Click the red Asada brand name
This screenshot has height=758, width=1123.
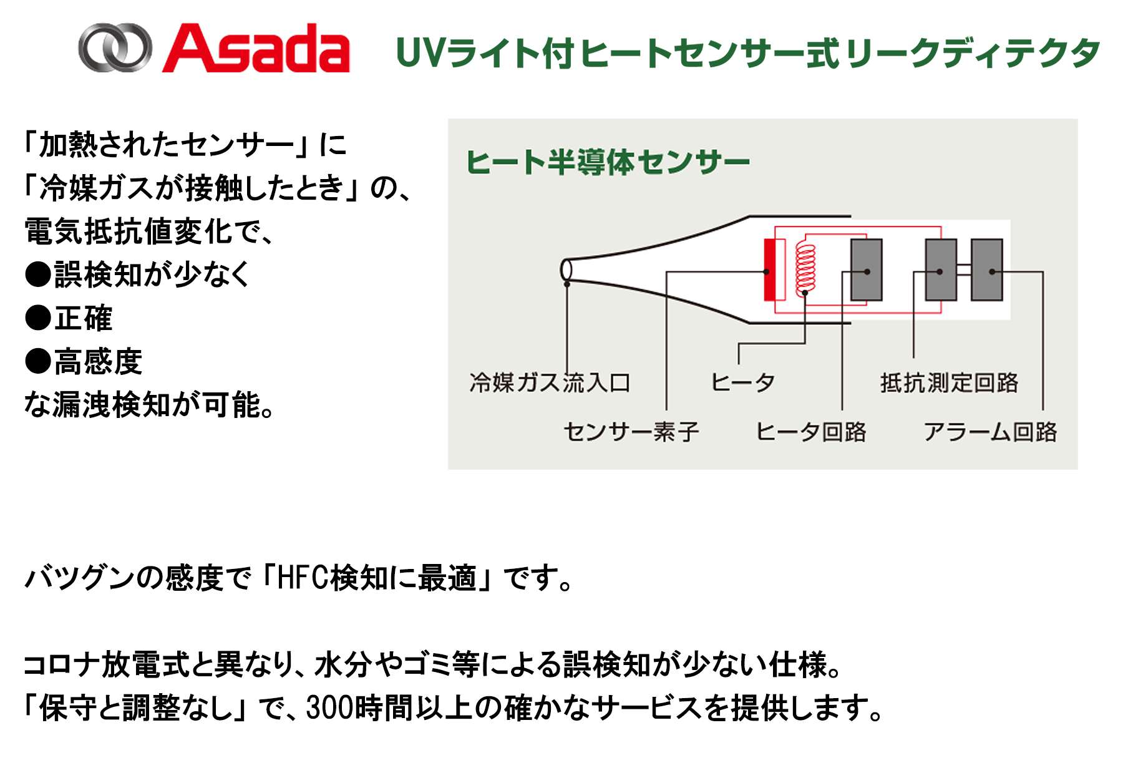tap(256, 48)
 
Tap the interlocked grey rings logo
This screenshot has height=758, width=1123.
tap(115, 47)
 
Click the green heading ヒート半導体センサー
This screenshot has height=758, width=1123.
tap(608, 162)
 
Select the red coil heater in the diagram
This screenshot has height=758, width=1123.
tap(805, 270)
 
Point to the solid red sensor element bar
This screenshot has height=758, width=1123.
tap(770, 270)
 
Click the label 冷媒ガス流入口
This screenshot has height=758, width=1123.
tap(550, 382)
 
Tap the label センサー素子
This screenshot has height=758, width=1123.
tap(631, 431)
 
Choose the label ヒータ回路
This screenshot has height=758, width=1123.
tap(811, 431)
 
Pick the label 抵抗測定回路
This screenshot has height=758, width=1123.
tap(949, 382)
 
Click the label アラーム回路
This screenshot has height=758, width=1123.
tap(990, 431)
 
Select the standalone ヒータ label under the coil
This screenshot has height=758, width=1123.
tap(742, 382)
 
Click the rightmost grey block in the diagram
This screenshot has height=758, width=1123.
tap(987, 270)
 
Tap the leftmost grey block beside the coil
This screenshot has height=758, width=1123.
tap(867, 270)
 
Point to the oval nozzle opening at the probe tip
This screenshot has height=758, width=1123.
tap(566, 270)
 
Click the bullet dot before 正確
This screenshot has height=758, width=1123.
tap(37, 318)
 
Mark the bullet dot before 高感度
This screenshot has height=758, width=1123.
tap(37, 361)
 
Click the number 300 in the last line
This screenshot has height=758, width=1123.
tap(328, 707)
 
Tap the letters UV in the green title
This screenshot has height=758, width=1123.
tap(420, 53)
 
